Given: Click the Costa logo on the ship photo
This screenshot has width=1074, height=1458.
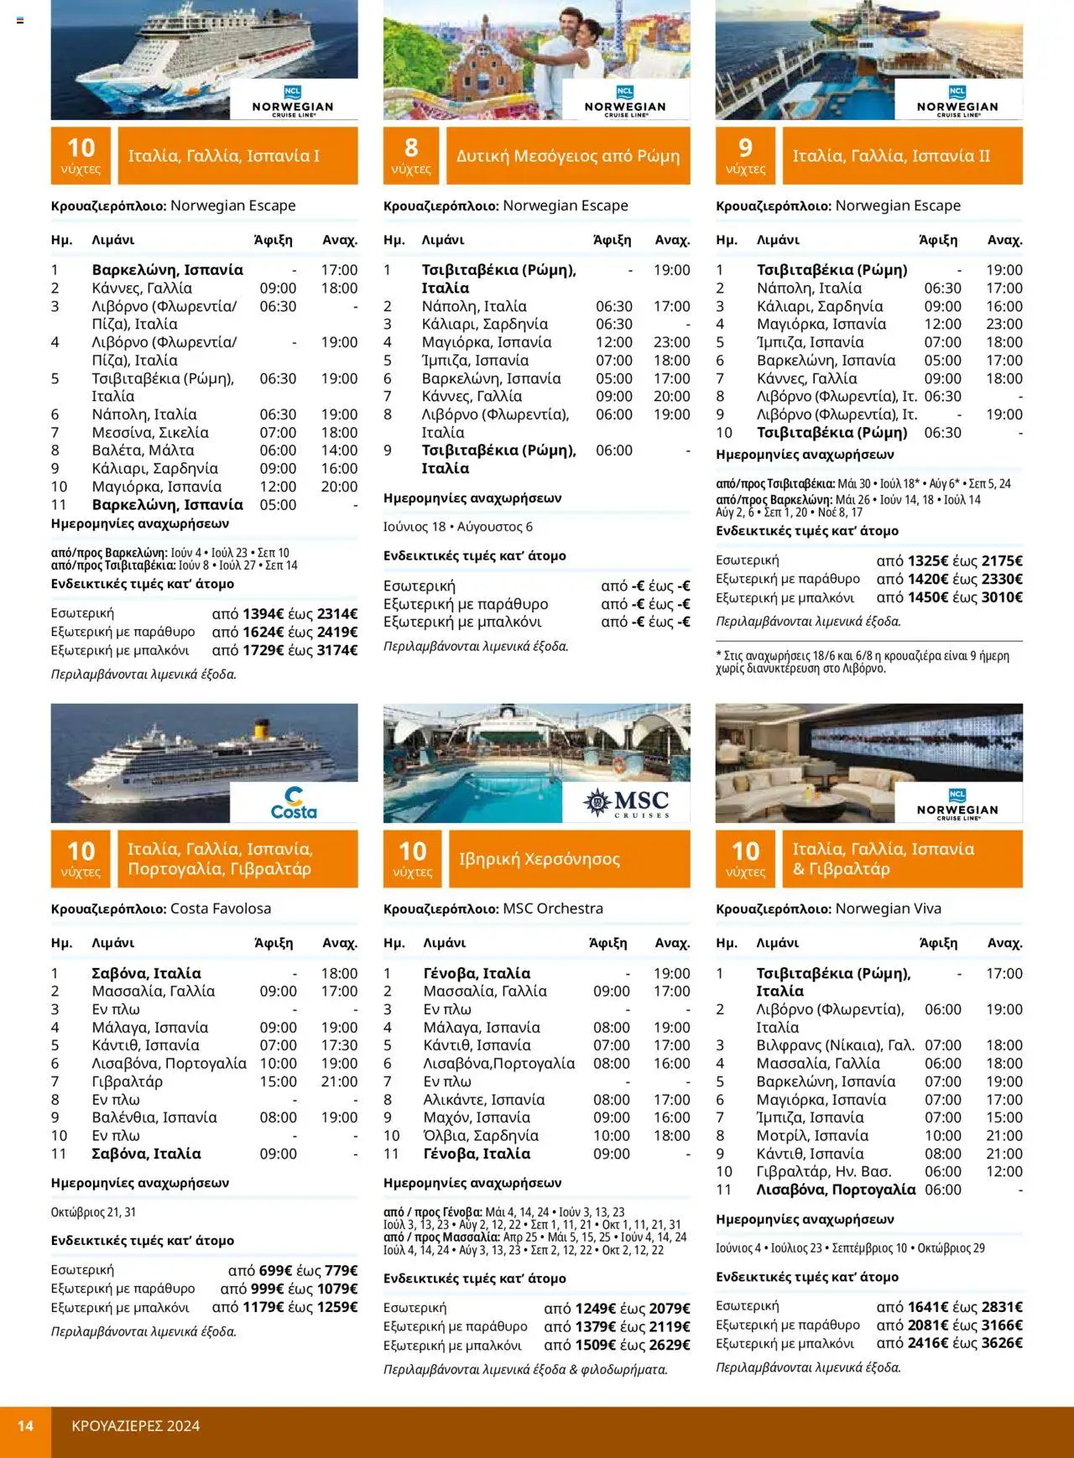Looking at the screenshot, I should click(294, 803).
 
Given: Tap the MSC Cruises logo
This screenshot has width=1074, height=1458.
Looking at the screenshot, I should click(626, 803).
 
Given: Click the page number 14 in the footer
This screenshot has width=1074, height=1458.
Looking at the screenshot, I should click(25, 1425).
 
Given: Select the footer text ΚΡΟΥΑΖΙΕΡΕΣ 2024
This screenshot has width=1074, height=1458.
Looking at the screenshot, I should click(136, 1425).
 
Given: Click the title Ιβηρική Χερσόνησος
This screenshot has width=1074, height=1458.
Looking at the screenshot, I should click(539, 859).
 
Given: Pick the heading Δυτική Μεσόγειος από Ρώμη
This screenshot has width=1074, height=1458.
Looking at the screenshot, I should click(568, 156).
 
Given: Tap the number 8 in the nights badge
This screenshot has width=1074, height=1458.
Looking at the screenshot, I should click(411, 148).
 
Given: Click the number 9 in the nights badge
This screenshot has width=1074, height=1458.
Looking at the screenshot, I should click(745, 148).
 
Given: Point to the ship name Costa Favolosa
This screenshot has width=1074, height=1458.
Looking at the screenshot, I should click(220, 909).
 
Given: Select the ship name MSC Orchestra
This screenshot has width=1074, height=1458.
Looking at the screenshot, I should click(552, 909).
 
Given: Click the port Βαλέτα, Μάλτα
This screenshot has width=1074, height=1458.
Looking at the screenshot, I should click(143, 450).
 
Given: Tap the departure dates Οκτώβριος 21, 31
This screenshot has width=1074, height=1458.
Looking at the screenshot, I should click(93, 1212).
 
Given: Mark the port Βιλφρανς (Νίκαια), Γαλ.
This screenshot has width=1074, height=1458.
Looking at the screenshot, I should click(835, 1045).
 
